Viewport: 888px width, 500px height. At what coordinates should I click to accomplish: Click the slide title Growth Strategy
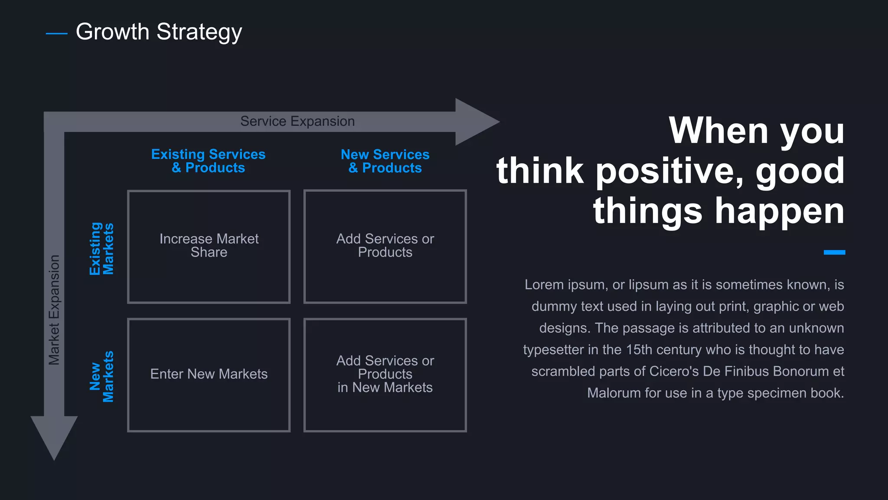pos(159,32)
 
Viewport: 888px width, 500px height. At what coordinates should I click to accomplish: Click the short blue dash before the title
pos(56,33)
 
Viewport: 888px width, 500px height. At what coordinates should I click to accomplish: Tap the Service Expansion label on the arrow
pos(297,121)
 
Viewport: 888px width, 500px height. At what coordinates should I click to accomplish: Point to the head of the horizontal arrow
pos(477,122)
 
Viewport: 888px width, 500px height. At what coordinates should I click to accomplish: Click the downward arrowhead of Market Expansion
pos(54,436)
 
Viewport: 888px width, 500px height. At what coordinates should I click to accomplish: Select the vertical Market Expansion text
pos(54,309)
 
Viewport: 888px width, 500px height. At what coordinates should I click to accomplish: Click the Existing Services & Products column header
pos(208,161)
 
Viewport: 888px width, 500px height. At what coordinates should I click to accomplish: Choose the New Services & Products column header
pos(385,161)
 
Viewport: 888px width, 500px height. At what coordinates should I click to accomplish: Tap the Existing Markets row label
pos(101,249)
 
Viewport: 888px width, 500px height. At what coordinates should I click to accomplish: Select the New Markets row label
pos(101,376)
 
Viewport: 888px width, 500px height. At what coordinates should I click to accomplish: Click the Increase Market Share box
pos(209,246)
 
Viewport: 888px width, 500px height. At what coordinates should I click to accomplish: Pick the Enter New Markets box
pos(209,374)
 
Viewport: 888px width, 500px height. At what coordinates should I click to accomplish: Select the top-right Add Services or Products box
pos(385,246)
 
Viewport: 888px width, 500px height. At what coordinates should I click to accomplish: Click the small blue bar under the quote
pos(834,252)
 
